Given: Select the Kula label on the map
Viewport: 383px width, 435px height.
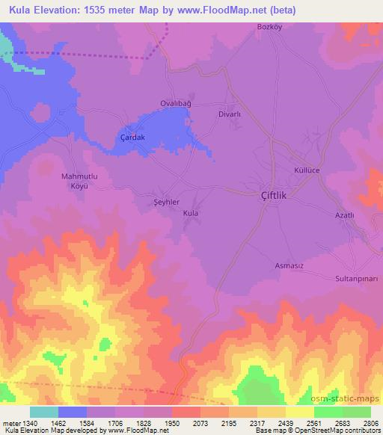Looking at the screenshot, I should pos(191,213).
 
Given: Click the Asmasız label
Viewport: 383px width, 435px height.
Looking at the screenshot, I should pos(289,265).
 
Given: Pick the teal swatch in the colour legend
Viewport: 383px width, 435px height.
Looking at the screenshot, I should pos(44,412).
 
